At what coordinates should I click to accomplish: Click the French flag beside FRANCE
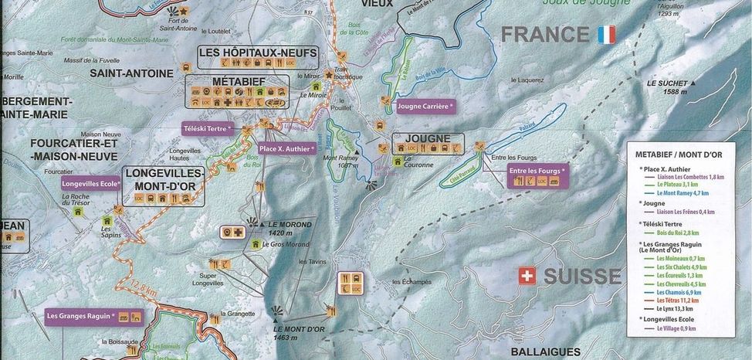click(x=605, y=35)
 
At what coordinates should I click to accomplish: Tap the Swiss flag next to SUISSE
click(x=527, y=277)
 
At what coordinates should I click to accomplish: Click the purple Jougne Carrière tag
click(x=425, y=107)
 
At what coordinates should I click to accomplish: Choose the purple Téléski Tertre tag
click(x=207, y=128)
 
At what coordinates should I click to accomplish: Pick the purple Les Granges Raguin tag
click(x=81, y=315)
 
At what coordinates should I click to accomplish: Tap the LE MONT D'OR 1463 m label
click(x=296, y=332)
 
